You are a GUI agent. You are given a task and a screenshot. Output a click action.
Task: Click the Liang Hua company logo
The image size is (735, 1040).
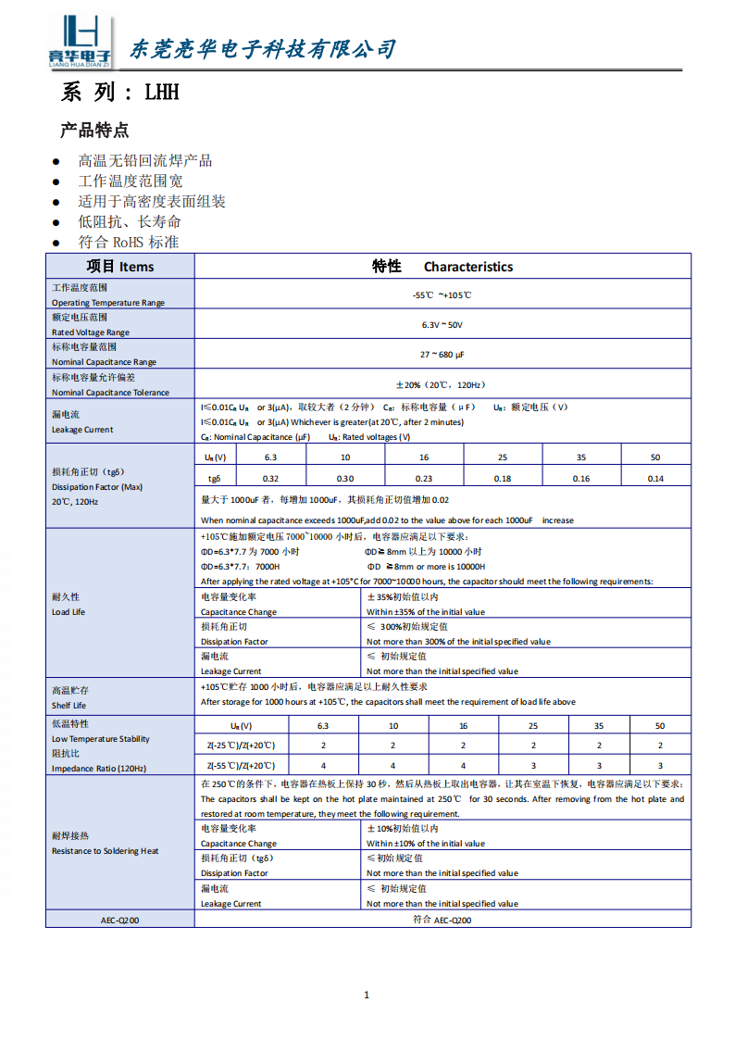coord(80,41)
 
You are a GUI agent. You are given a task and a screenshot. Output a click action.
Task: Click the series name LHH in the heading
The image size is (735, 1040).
coord(160,93)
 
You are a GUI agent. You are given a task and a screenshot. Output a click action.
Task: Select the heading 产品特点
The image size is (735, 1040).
coord(94,130)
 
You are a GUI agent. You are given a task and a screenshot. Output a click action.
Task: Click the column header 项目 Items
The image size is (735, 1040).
coord(120,267)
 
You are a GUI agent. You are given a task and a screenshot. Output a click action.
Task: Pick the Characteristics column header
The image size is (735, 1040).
coord(467,267)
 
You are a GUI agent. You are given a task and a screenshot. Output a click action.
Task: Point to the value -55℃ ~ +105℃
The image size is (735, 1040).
coord(442,294)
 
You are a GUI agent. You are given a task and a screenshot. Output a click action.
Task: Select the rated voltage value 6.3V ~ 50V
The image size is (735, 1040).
coord(442,324)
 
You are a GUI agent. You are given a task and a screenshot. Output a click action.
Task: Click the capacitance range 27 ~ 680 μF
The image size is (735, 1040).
coord(442,354)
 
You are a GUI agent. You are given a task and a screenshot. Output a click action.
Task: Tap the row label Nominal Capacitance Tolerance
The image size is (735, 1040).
coord(110,393)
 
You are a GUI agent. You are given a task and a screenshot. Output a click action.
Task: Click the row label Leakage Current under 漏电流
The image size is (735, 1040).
coord(82,430)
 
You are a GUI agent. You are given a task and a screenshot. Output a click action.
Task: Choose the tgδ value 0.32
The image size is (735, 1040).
coord(270,478)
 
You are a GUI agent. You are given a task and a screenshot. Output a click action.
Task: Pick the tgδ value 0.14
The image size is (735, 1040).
coord(655,478)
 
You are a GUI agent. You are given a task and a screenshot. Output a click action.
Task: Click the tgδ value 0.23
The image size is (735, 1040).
coord(424,478)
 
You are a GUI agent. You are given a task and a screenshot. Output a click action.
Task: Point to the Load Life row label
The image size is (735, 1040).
coord(68,612)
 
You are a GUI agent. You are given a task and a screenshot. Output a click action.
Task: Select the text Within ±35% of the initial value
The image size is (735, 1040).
coord(425,612)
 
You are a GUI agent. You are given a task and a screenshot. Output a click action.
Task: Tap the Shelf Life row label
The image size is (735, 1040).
coord(69,706)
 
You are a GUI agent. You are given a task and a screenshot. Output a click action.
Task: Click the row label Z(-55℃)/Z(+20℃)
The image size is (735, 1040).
coord(241,766)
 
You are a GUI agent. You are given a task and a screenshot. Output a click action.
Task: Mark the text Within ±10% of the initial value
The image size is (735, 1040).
coord(425,844)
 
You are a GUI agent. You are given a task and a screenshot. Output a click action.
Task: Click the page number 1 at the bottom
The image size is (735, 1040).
coord(367,995)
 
